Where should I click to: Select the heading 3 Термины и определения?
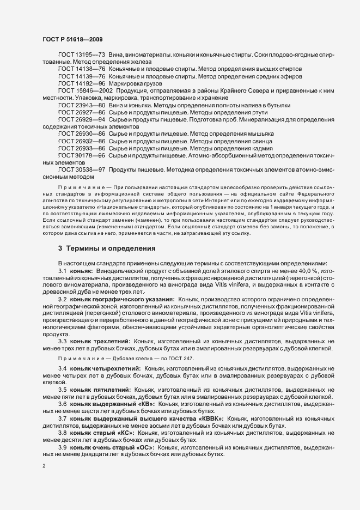click(107, 248)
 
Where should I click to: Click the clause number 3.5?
click(63, 390)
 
